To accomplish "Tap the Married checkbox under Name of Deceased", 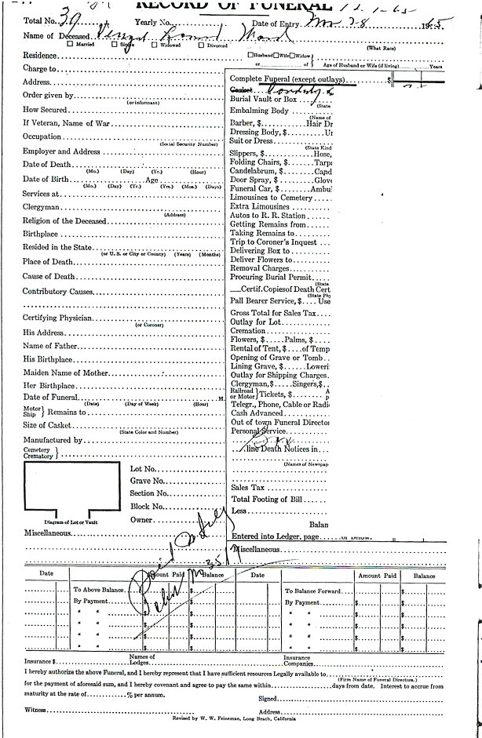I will (73, 45).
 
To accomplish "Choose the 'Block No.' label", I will (145, 506).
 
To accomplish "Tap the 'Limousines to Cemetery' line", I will (271, 198).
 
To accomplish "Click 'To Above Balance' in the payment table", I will (99, 589).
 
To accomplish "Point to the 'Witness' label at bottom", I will (35, 710).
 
